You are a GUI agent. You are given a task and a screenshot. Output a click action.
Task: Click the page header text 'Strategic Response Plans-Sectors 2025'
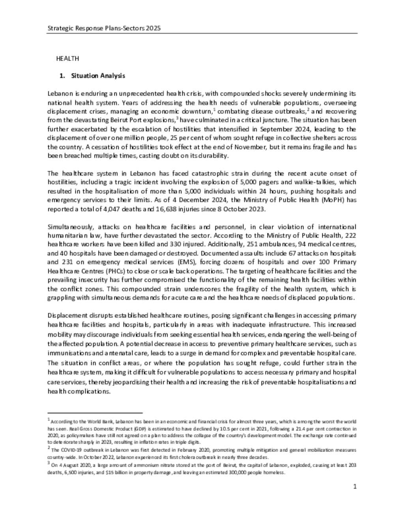click(104, 28)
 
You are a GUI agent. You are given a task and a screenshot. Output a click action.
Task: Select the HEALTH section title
click(67, 58)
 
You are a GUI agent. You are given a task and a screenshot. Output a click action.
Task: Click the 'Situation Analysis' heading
click(98, 75)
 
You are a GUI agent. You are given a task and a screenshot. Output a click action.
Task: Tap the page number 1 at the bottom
click(355, 486)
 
